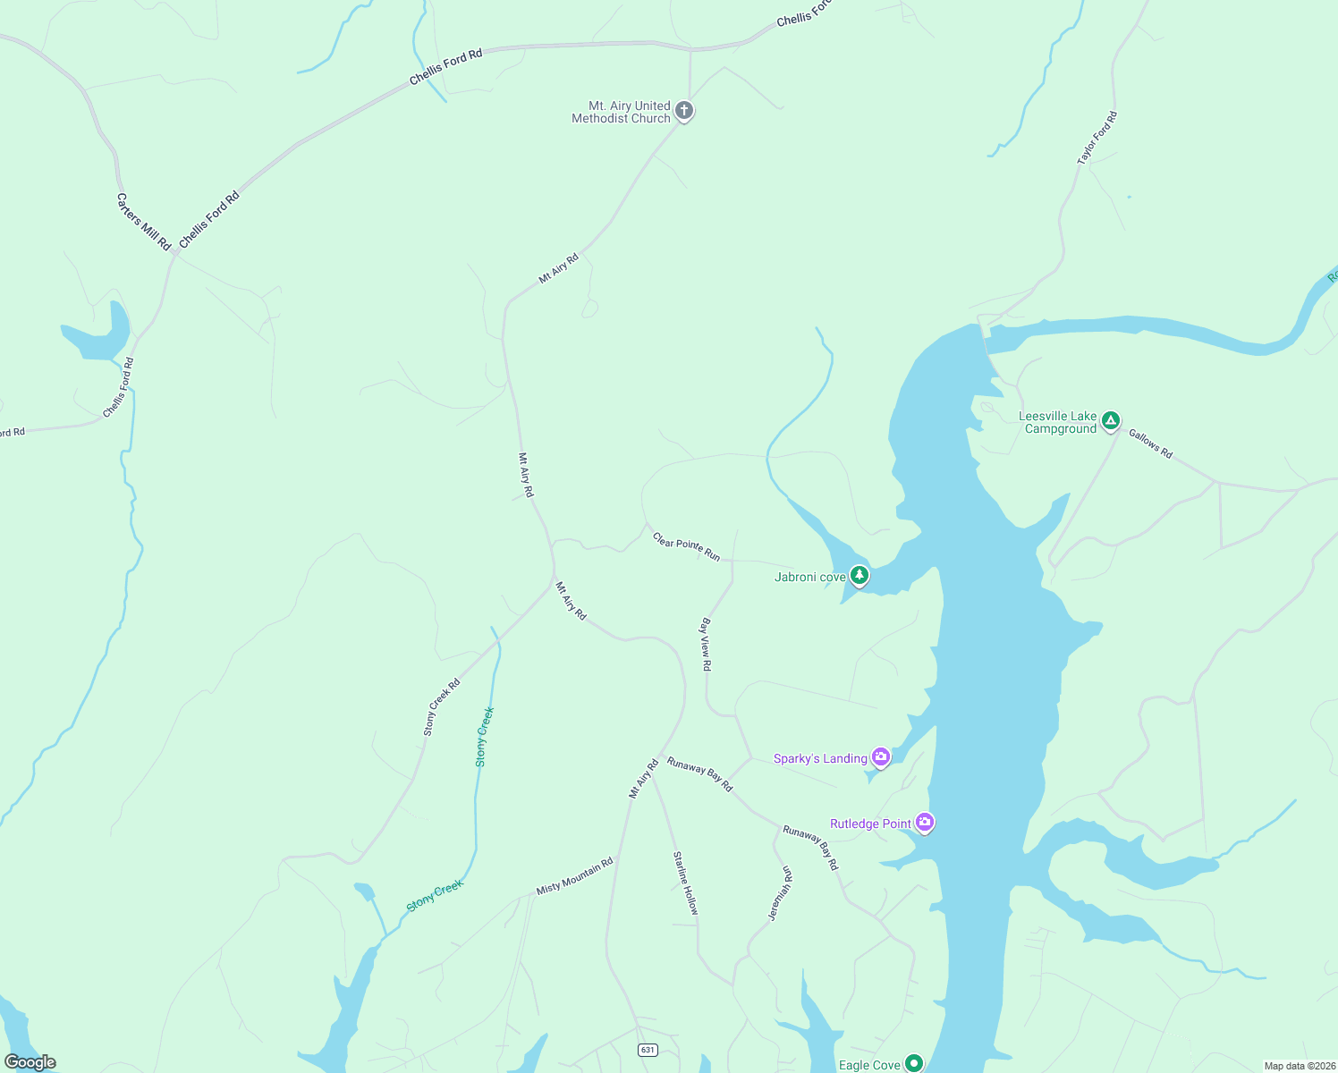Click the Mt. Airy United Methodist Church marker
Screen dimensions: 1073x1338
click(684, 111)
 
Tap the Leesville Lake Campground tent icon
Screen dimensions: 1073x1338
click(1110, 420)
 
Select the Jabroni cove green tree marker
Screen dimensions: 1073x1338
click(859, 575)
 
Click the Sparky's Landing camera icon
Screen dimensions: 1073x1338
click(881, 757)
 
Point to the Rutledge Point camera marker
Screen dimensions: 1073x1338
click(925, 822)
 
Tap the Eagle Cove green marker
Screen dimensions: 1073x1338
click(913, 1063)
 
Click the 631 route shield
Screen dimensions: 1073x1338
click(648, 1050)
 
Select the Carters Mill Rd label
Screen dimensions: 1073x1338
click(143, 222)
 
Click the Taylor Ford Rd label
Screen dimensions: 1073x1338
click(1097, 138)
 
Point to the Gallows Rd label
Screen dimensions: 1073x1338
click(1150, 444)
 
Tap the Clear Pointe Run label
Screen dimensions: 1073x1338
click(686, 546)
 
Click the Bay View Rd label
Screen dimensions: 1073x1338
click(706, 644)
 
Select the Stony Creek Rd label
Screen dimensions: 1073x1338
click(442, 706)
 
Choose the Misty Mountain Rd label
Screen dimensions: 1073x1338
click(574, 875)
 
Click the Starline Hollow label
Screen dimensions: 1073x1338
click(686, 882)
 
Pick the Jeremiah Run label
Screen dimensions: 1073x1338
click(780, 892)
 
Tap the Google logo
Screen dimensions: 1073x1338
click(30, 1062)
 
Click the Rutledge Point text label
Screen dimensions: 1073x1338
click(870, 824)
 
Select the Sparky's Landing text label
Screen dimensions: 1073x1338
click(820, 758)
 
